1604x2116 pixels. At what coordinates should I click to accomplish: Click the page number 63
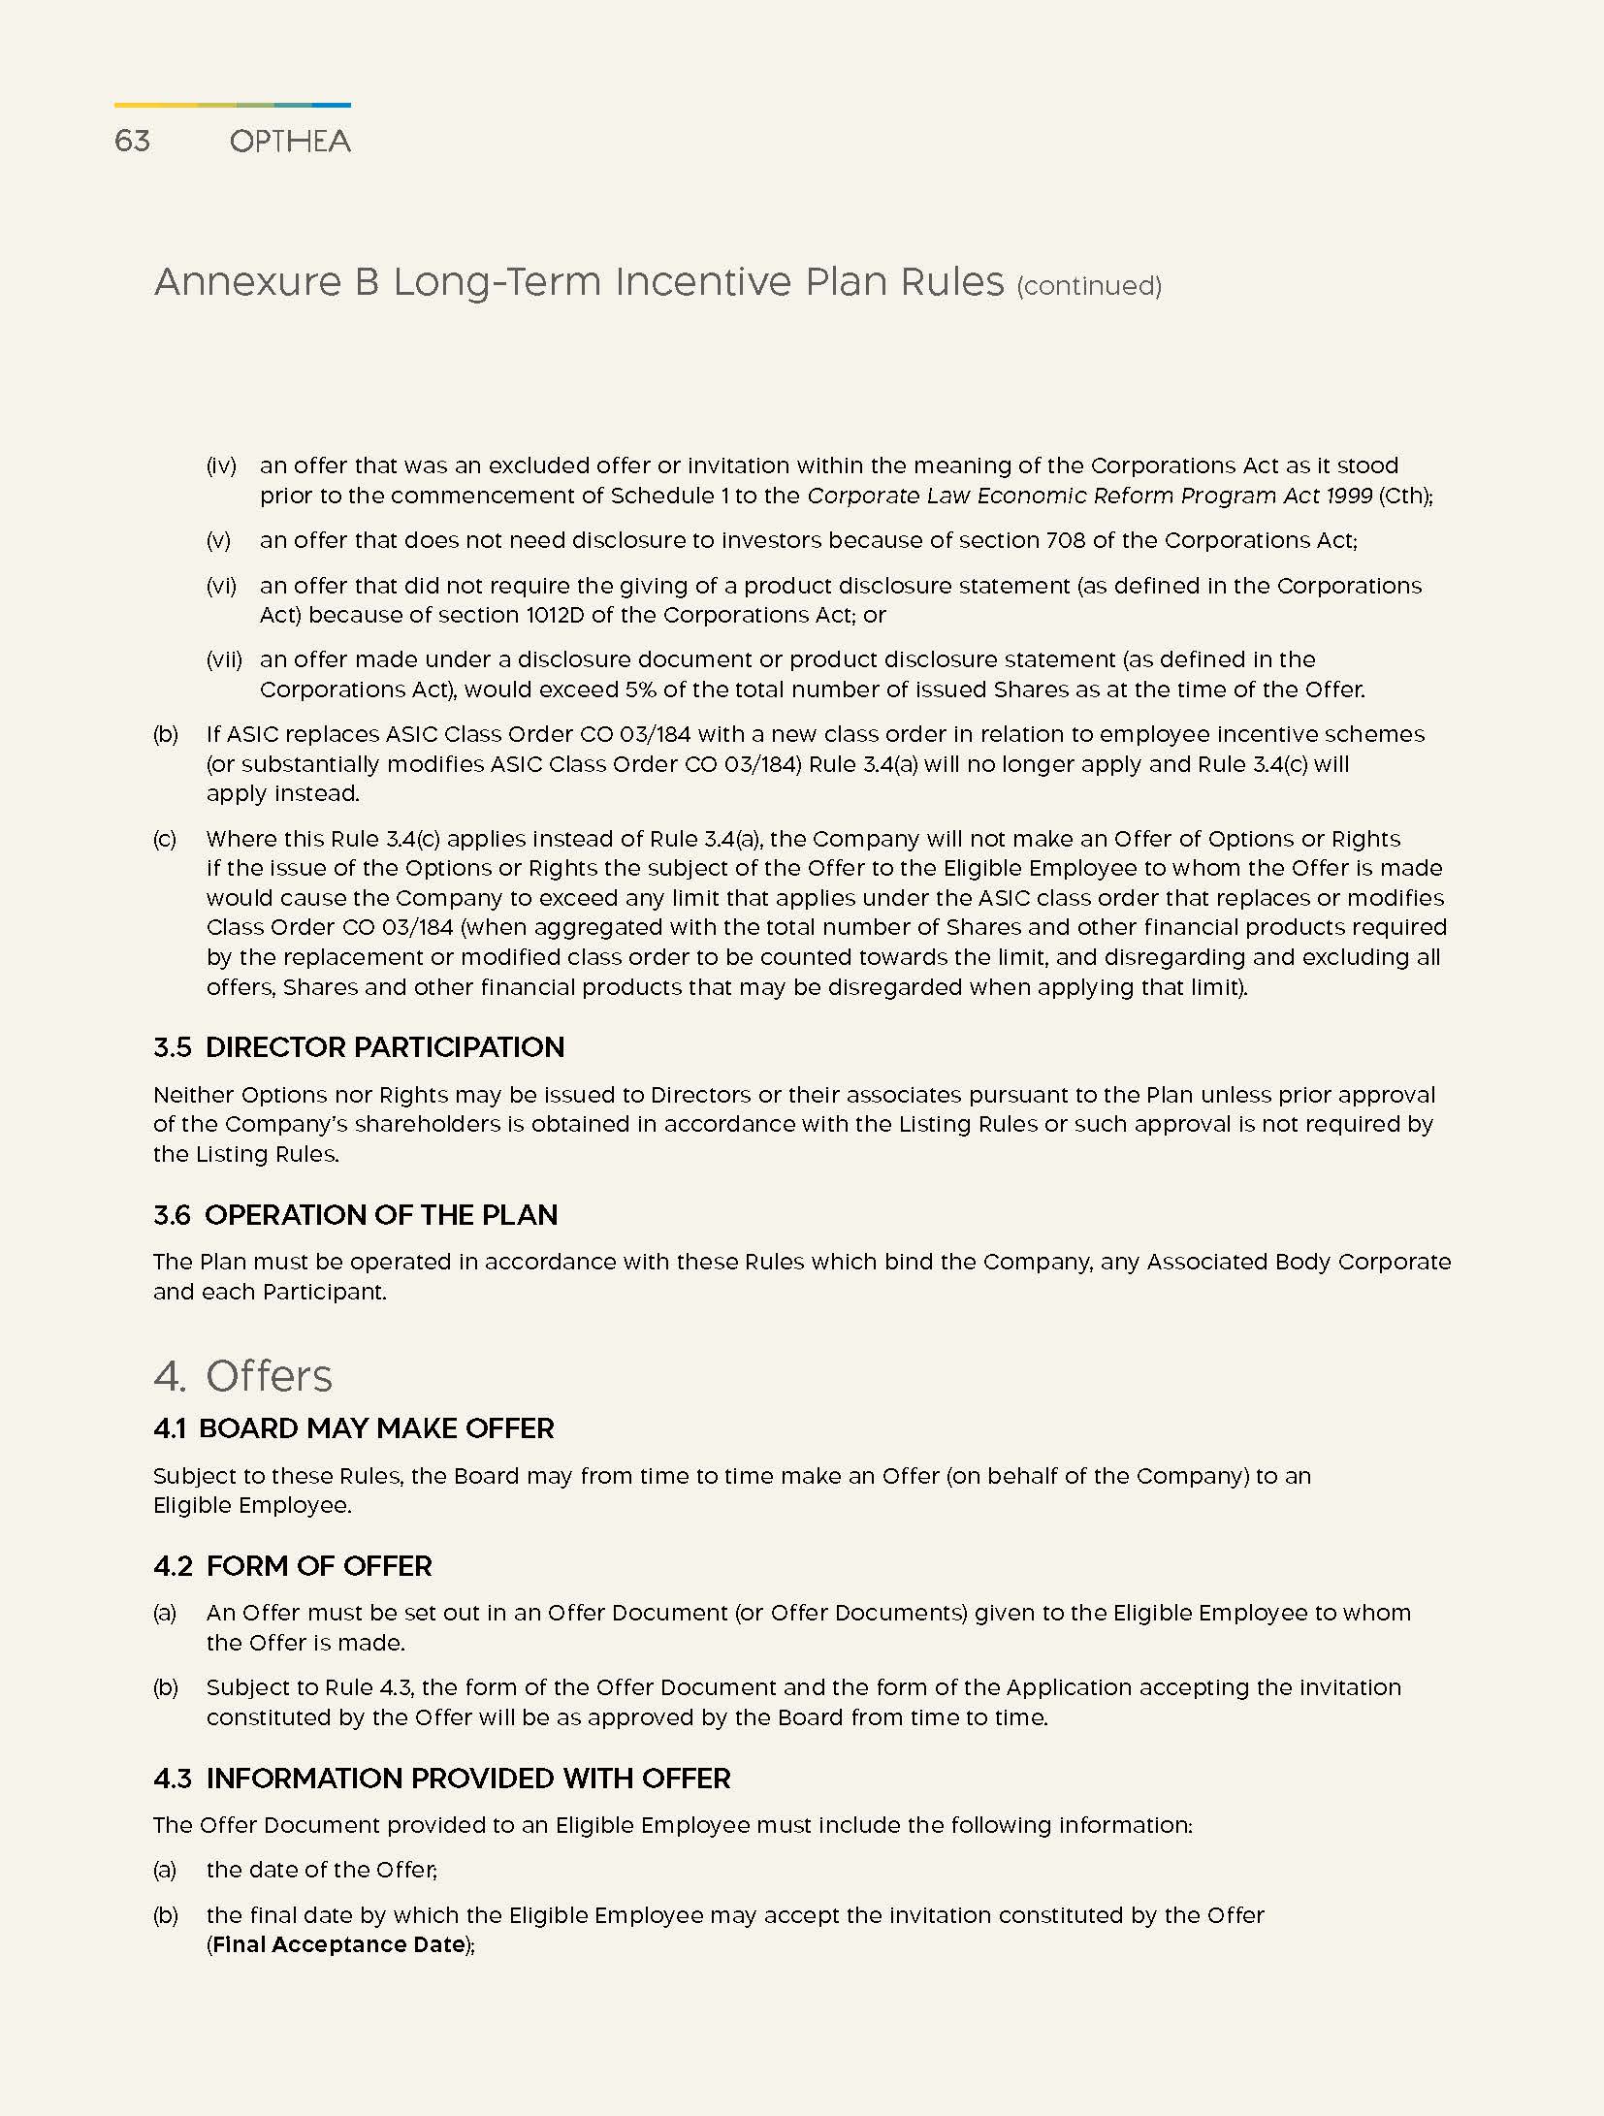tap(132, 142)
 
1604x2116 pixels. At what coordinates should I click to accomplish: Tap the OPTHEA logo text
tap(290, 143)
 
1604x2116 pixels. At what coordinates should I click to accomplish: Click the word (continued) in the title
tap(1088, 286)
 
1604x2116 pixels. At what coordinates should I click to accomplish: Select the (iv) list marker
tap(221, 465)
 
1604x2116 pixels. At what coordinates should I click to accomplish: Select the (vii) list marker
tap(224, 659)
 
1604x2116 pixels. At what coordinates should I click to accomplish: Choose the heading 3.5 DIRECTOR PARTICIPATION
tap(359, 1047)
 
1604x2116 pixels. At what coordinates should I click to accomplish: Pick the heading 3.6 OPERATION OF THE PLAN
tap(355, 1215)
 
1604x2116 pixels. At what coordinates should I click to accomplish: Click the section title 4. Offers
tap(242, 1376)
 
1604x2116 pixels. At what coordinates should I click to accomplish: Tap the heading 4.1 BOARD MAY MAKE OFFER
tap(353, 1428)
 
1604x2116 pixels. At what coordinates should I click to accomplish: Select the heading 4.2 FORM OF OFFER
tap(292, 1566)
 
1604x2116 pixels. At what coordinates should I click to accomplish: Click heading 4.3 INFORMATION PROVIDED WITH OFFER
tap(441, 1779)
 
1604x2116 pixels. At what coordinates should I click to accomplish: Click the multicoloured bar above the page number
tap(232, 105)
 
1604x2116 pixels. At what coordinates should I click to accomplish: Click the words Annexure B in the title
tap(266, 282)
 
